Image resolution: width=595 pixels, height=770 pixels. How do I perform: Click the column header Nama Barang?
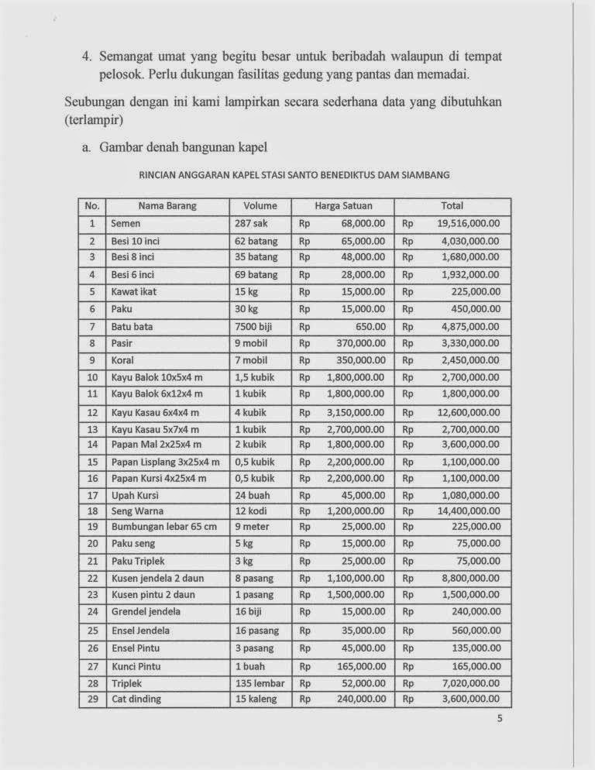167,206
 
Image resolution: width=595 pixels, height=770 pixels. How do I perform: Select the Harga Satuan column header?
342,206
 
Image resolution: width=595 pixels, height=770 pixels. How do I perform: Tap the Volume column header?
260,206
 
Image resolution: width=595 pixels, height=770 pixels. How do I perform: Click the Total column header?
452,206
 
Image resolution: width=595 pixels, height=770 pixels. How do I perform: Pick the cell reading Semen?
126,223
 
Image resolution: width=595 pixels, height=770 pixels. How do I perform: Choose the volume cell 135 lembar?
260,683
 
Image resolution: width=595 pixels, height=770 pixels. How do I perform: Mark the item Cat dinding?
136,699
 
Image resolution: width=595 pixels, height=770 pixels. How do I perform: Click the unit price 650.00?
370,327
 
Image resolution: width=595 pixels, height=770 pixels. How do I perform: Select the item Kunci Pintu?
136,666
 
